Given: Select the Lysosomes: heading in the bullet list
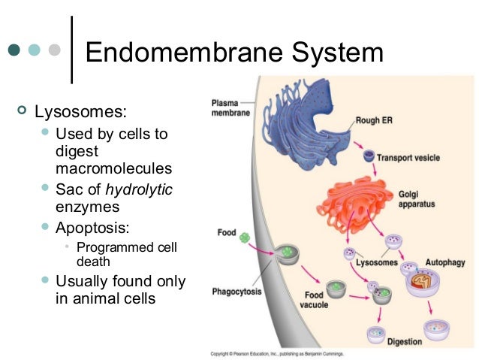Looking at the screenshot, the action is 83,113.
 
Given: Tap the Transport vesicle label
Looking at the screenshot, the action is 408,158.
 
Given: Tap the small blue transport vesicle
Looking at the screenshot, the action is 368,156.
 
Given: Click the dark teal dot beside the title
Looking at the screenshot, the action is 14,50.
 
